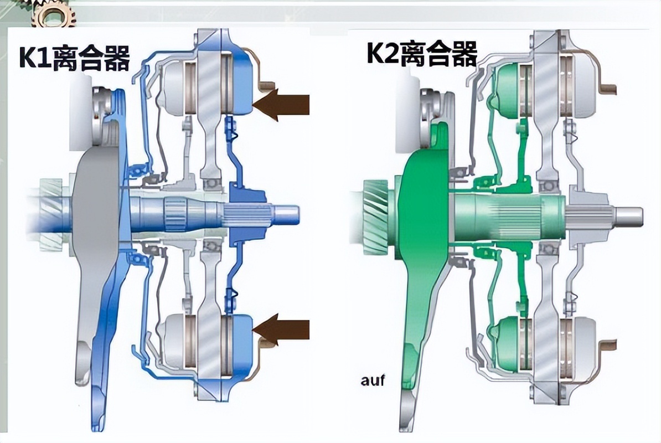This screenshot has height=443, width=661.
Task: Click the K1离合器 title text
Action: pyautogui.click(x=74, y=58)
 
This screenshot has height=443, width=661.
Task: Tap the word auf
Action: pyautogui.click(x=373, y=380)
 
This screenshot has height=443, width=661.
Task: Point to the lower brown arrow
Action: pyautogui.click(x=281, y=329)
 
